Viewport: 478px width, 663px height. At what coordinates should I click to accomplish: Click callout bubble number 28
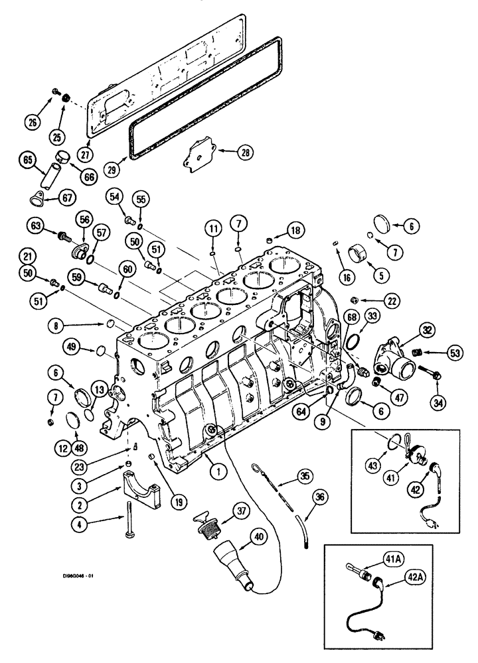click(x=246, y=152)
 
